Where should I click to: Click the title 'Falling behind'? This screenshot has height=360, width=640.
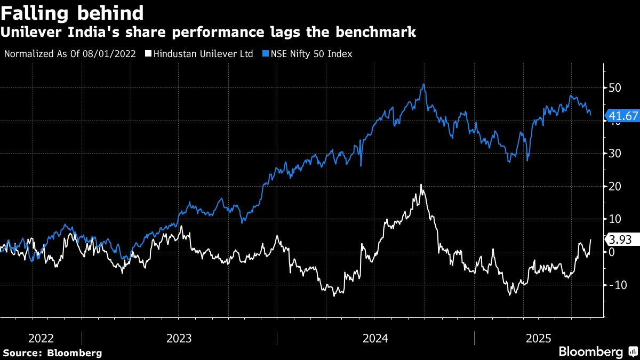click(72, 12)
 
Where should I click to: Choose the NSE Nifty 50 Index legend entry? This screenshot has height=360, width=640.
click(311, 54)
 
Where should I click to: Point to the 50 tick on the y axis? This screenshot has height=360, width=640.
click(614, 87)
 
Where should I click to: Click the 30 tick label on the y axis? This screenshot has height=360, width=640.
click(614, 154)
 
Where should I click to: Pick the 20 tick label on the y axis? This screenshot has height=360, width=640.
click(614, 186)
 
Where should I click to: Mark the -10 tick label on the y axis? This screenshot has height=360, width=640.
click(617, 285)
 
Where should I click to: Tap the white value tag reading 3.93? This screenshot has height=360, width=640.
click(620, 239)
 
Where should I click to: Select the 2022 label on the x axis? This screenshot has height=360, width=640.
click(41, 338)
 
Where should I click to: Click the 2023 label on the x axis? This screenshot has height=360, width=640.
click(179, 338)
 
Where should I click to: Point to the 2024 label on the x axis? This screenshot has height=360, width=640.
click(375, 338)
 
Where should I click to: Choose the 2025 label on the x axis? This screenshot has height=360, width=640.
click(539, 338)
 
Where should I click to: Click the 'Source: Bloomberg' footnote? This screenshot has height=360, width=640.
click(52, 353)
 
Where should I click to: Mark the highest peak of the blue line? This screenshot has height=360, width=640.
click(423, 84)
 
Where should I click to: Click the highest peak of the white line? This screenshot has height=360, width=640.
click(421, 185)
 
